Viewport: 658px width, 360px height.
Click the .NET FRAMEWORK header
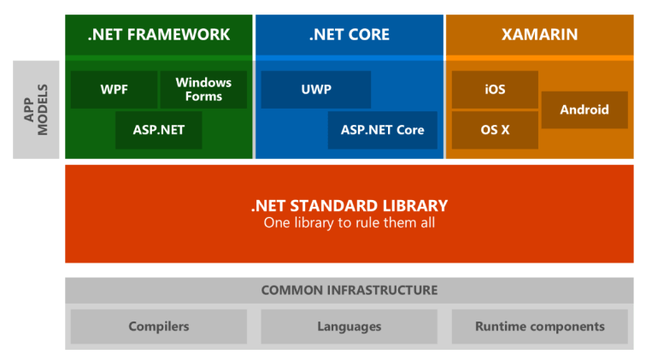tap(159, 35)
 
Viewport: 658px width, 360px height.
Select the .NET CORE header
tap(349, 35)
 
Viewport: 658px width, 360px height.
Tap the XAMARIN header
tap(539, 35)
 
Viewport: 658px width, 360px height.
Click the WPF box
tap(114, 90)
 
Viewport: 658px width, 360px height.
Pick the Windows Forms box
tap(203, 90)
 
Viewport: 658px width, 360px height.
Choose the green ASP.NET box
tap(158, 130)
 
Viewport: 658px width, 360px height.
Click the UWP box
tap(315, 90)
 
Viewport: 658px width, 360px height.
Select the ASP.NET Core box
tap(382, 130)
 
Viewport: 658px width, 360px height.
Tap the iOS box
tap(495, 90)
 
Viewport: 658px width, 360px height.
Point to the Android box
tap(585, 109)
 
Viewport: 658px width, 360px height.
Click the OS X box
tap(495, 130)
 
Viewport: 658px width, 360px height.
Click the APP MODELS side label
tap(35, 109)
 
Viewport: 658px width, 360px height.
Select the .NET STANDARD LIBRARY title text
tap(349, 206)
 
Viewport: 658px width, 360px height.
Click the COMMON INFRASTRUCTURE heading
tap(349, 291)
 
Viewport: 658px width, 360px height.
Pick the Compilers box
tap(158, 327)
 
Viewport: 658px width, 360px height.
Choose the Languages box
tap(349, 327)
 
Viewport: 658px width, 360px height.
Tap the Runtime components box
tap(539, 327)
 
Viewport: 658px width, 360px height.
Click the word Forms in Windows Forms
tap(203, 97)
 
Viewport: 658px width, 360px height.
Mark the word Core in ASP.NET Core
tap(409, 130)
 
